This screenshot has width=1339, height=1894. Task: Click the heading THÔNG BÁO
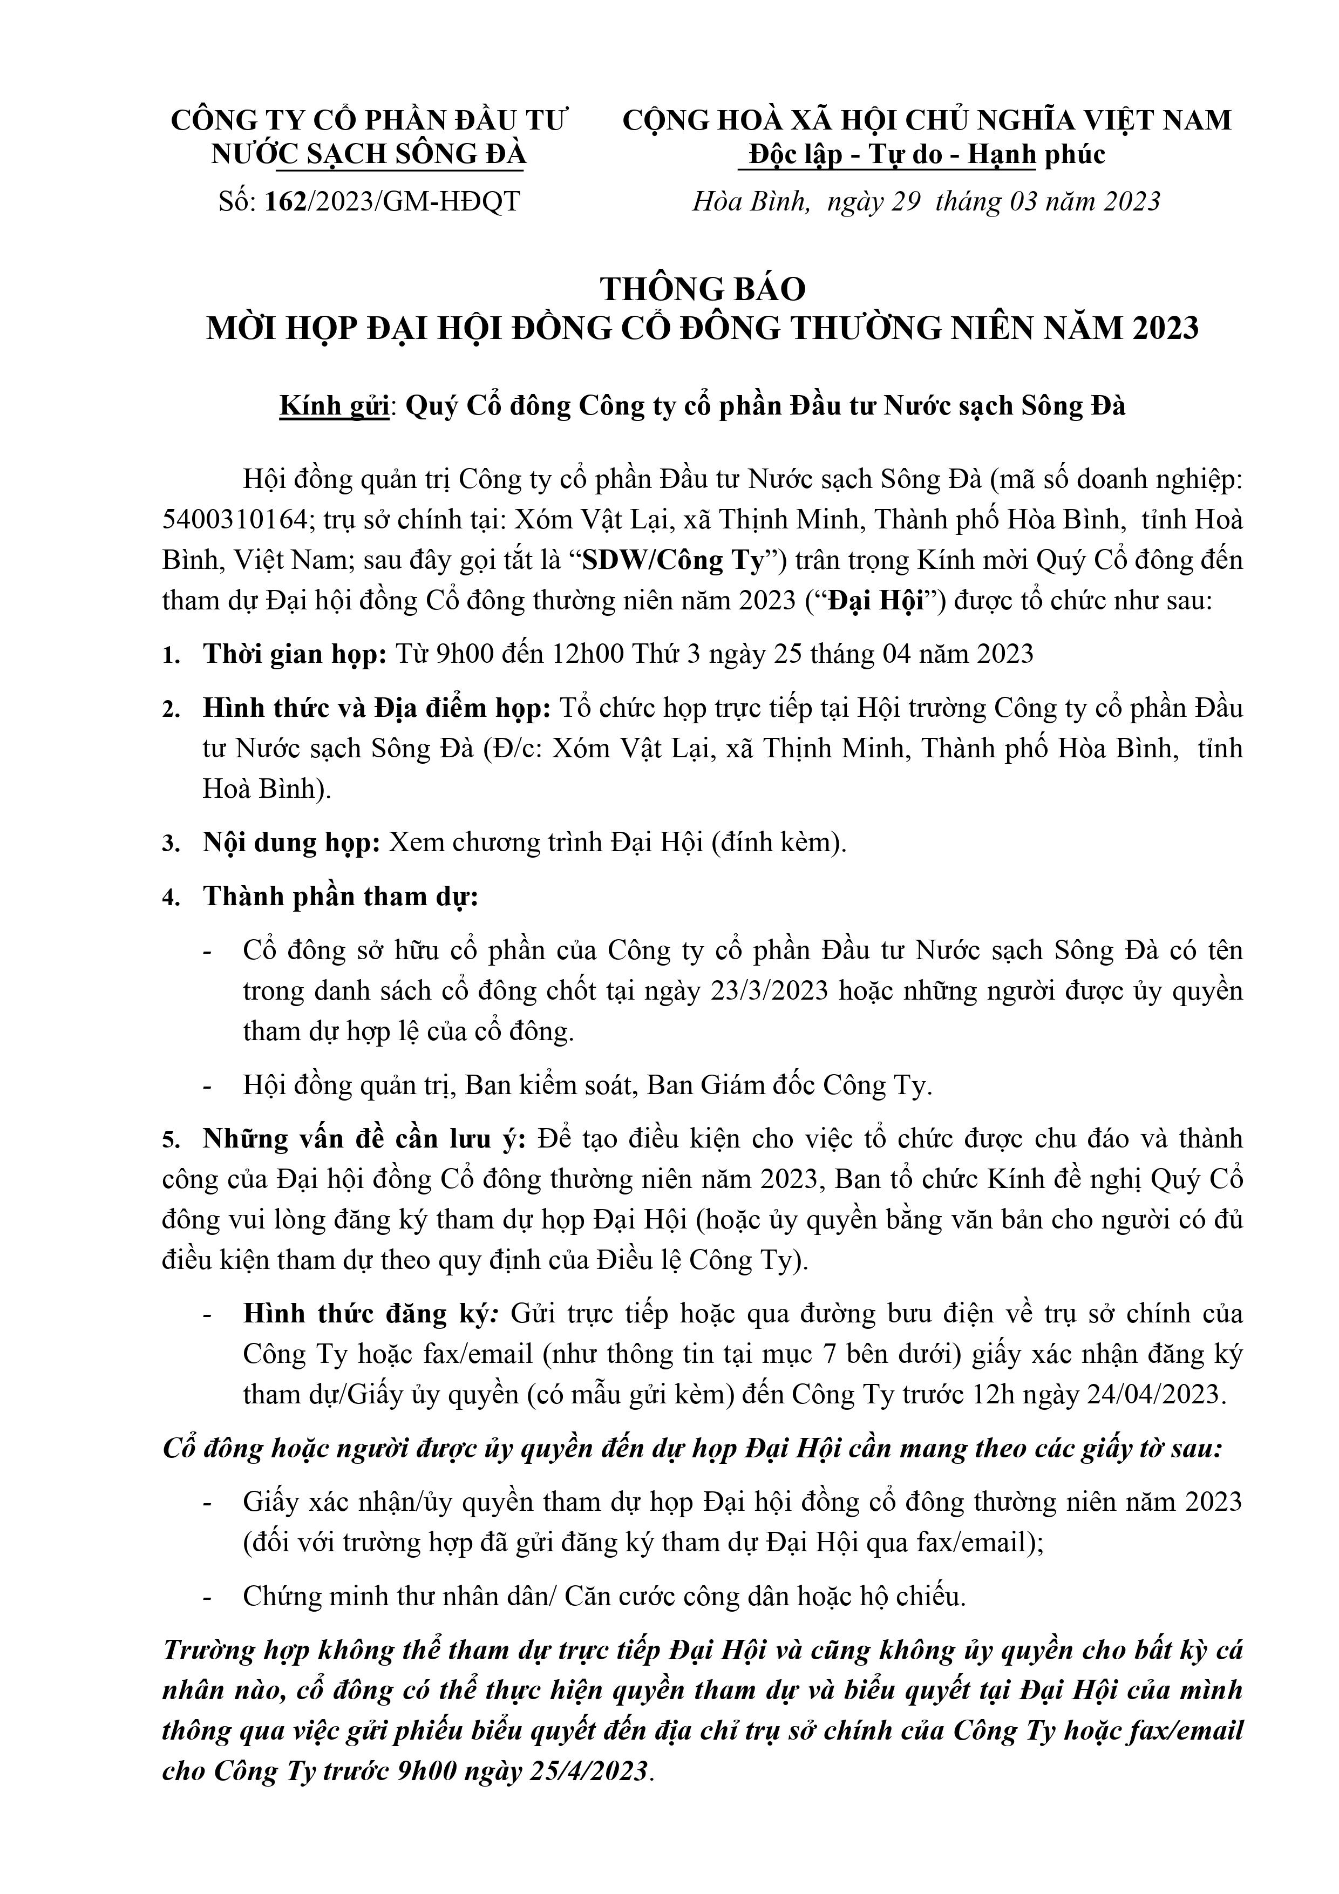(702, 289)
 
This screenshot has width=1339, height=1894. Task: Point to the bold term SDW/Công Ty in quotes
(672, 560)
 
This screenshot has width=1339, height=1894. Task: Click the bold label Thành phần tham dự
(341, 896)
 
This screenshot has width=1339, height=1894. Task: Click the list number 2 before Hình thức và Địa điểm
(170, 709)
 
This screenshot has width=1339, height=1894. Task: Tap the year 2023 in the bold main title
(1164, 328)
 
